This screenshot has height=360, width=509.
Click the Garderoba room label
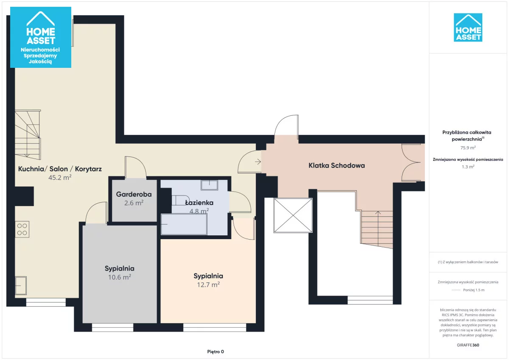point(134,195)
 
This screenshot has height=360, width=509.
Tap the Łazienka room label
point(199,203)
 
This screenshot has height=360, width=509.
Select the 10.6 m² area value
point(120,277)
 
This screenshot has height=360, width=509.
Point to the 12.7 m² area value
point(208,285)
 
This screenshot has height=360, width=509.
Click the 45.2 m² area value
point(60,177)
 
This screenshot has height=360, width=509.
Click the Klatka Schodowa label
point(336,165)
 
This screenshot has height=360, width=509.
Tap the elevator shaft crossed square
point(293,215)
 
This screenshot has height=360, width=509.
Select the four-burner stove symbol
point(22,229)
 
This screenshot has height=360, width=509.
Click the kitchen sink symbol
point(21,285)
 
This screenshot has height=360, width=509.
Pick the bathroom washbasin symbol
point(209,185)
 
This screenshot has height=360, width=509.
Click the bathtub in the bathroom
point(184,224)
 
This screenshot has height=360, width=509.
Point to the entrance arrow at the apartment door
point(258,162)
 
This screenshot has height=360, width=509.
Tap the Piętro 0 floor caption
point(215,352)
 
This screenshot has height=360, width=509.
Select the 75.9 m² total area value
point(468,148)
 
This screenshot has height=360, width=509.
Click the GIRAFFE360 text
point(468,345)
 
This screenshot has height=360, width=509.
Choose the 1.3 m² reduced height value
point(468,167)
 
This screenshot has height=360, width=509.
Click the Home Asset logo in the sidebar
point(468,28)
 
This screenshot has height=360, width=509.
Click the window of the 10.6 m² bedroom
point(112,327)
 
